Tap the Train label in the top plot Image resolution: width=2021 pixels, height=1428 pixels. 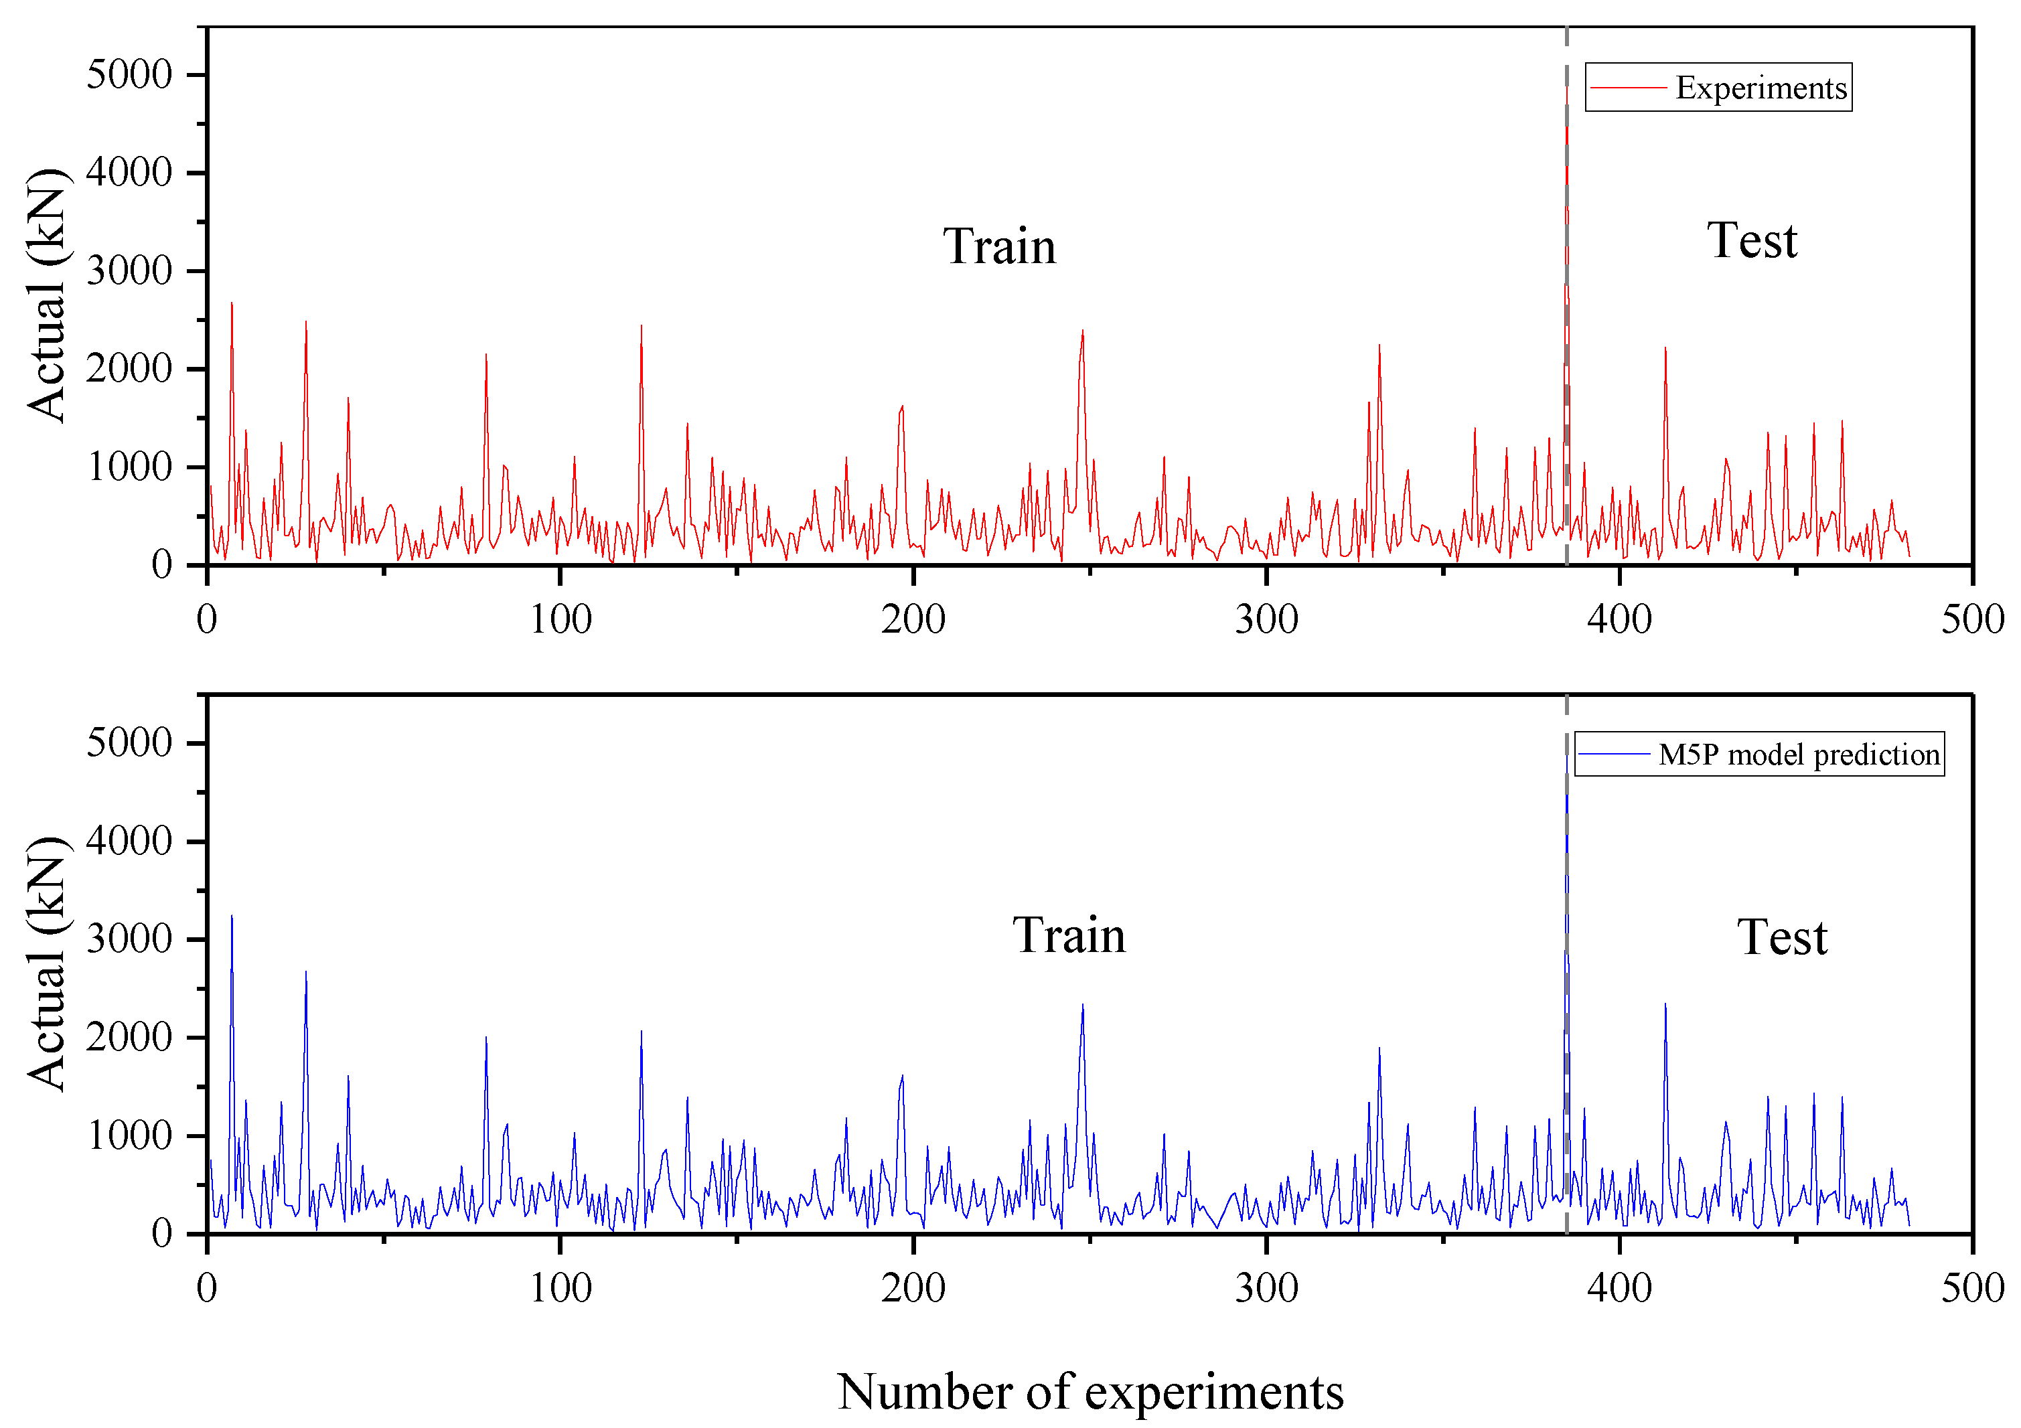pos(999,246)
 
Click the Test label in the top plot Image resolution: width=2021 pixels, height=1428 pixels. pos(1752,240)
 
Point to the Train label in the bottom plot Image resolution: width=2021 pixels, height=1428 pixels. pos(1069,935)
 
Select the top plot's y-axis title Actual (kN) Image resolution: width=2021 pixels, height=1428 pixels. pos(46,295)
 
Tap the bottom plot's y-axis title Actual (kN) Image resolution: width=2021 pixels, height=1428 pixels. pos(46,963)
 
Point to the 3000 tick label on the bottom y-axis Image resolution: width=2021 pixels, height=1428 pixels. pos(129,939)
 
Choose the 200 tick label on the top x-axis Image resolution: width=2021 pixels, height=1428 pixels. pos(913,619)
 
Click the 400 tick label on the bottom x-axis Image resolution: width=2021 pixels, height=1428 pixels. pos(1620,1288)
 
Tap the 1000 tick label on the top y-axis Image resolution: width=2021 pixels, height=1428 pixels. pos(129,467)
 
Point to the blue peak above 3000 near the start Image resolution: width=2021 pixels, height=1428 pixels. pos(232,916)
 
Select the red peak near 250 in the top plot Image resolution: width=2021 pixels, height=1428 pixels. pos(1083,331)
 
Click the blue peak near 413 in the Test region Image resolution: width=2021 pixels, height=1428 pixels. pos(1665,1004)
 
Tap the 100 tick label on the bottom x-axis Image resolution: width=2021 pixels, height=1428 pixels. pos(560,1288)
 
